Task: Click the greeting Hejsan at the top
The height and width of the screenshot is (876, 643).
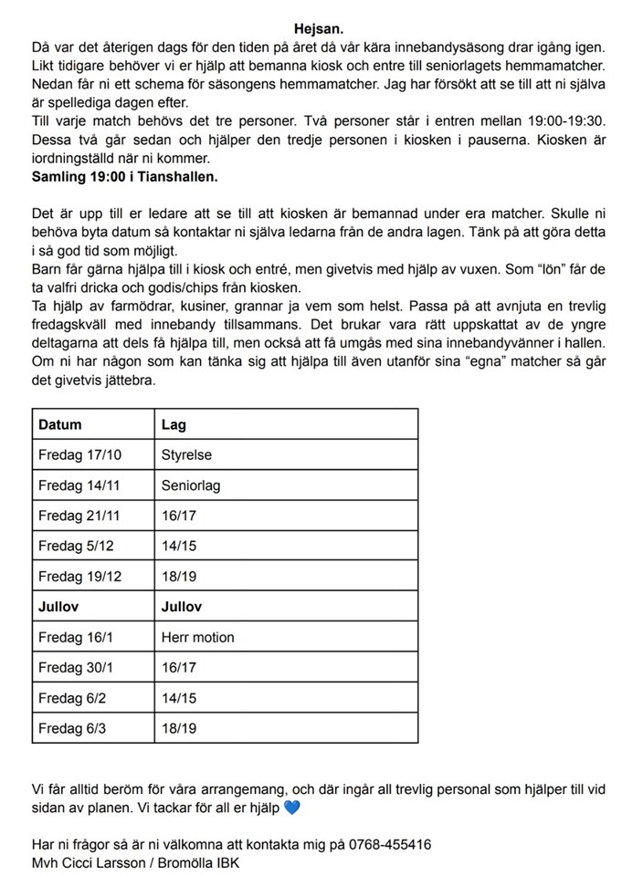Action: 321,29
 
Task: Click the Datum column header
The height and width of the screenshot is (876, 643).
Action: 60,424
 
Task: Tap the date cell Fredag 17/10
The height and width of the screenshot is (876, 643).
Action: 79,454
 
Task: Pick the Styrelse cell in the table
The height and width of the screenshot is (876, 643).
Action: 186,454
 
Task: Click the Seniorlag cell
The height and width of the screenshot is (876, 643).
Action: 191,485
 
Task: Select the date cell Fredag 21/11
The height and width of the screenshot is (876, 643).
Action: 79,516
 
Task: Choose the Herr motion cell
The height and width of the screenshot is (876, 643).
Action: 197,637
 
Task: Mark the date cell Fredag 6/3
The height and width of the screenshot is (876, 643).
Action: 72,729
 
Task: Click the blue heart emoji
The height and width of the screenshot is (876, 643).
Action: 291,808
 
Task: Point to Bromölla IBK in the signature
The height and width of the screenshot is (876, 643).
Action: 204,862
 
